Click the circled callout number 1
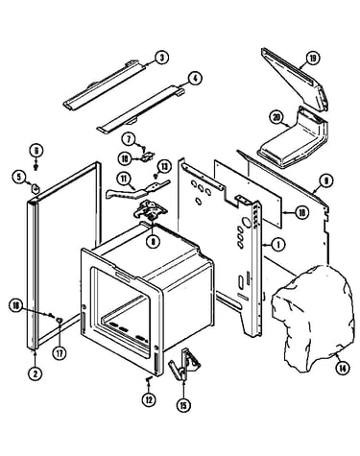(x=278, y=246)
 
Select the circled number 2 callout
(x=35, y=373)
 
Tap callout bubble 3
(x=162, y=58)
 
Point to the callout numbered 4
(x=195, y=79)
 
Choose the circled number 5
(x=19, y=177)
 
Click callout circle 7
(x=129, y=139)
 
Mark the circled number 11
(x=123, y=180)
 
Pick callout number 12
(x=149, y=399)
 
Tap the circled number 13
(x=164, y=166)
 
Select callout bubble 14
(x=342, y=369)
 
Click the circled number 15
(x=183, y=405)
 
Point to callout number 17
(x=60, y=353)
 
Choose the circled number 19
(x=313, y=59)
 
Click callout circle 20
(x=276, y=117)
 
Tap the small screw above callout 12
(x=149, y=380)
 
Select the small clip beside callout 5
(x=35, y=188)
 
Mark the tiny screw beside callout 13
(x=156, y=176)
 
